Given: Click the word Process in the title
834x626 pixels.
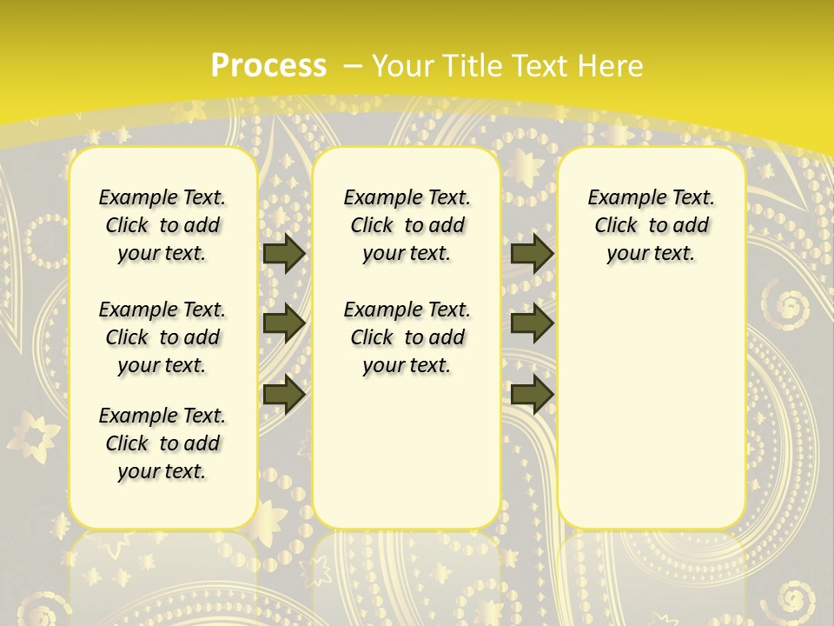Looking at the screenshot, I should click(268, 66).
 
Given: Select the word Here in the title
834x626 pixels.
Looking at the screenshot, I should click(612, 66).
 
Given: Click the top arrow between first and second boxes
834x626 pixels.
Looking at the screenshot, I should click(283, 254).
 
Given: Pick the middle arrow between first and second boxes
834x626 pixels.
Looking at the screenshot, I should click(283, 323).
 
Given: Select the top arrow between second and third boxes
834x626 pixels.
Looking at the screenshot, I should click(532, 254).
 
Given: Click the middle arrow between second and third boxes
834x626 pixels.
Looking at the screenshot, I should click(532, 323).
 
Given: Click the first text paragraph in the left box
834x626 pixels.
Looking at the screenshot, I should click(162, 225).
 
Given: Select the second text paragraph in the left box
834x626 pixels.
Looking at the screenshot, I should click(162, 337).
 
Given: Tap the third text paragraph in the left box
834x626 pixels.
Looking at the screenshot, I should click(162, 443).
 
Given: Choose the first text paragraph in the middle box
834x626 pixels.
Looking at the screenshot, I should click(407, 225).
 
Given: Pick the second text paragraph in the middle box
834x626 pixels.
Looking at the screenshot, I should click(407, 337).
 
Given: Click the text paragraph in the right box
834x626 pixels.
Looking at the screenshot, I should click(651, 225).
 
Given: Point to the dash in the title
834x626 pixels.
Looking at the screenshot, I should click(353, 66).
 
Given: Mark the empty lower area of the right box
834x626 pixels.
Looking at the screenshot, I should click(651, 409).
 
